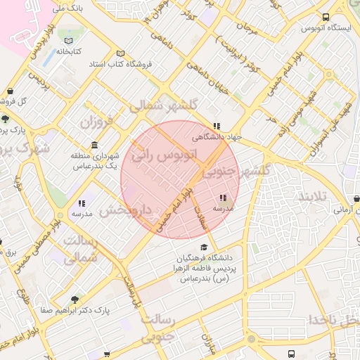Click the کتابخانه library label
tap(70, 51)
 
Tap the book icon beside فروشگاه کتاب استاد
tap(120, 54)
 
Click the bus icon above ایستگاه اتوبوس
tap(325, 18)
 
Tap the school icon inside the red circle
tap(223, 199)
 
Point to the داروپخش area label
tap(124, 210)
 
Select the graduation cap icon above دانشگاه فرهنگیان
tap(204, 247)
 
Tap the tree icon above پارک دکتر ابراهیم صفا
tap(75, 298)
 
